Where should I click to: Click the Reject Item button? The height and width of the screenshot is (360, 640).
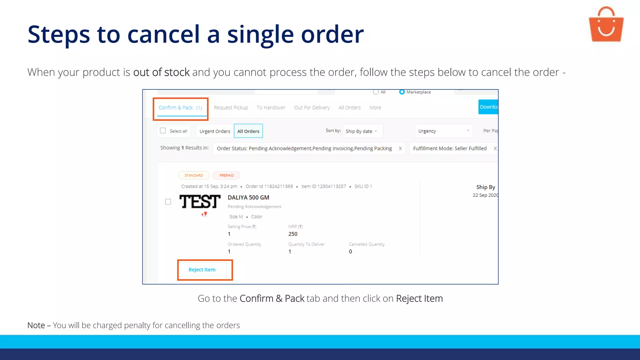[x=202, y=270]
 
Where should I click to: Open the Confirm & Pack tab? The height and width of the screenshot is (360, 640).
[x=180, y=108]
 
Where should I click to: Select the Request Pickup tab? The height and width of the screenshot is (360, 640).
[x=231, y=108]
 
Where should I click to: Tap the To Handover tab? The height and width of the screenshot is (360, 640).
[x=271, y=108]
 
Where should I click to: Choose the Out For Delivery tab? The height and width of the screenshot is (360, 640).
[x=312, y=108]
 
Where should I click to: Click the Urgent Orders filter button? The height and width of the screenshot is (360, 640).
[x=215, y=131]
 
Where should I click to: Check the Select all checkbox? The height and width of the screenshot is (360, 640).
[x=163, y=131]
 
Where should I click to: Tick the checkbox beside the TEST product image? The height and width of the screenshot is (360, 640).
[x=168, y=202]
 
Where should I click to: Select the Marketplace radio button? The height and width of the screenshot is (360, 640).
[x=402, y=92]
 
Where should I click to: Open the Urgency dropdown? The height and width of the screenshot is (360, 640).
[x=443, y=131]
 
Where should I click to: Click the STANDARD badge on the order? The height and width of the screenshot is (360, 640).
[x=194, y=175]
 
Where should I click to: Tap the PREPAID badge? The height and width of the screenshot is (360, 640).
[x=227, y=175]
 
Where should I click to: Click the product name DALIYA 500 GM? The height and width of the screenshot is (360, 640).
[x=248, y=197]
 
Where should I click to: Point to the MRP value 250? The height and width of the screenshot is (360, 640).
[x=293, y=234]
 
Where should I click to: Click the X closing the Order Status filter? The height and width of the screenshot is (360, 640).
[x=400, y=148]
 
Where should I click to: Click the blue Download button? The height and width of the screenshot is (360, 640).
[x=488, y=107]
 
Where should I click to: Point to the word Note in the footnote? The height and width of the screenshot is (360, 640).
[x=36, y=325]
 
